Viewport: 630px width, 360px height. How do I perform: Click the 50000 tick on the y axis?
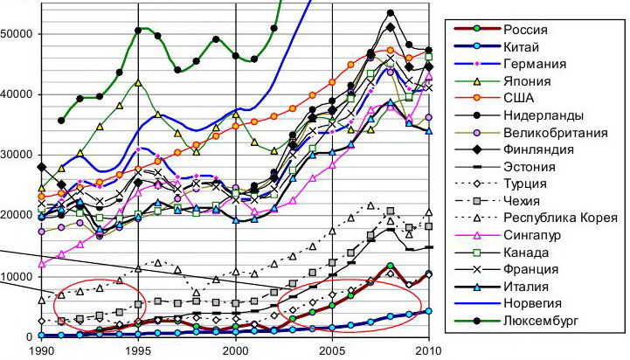(17, 33)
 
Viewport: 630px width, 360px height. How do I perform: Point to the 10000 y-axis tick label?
(17, 276)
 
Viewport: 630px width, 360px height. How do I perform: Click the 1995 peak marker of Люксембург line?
(139, 31)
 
